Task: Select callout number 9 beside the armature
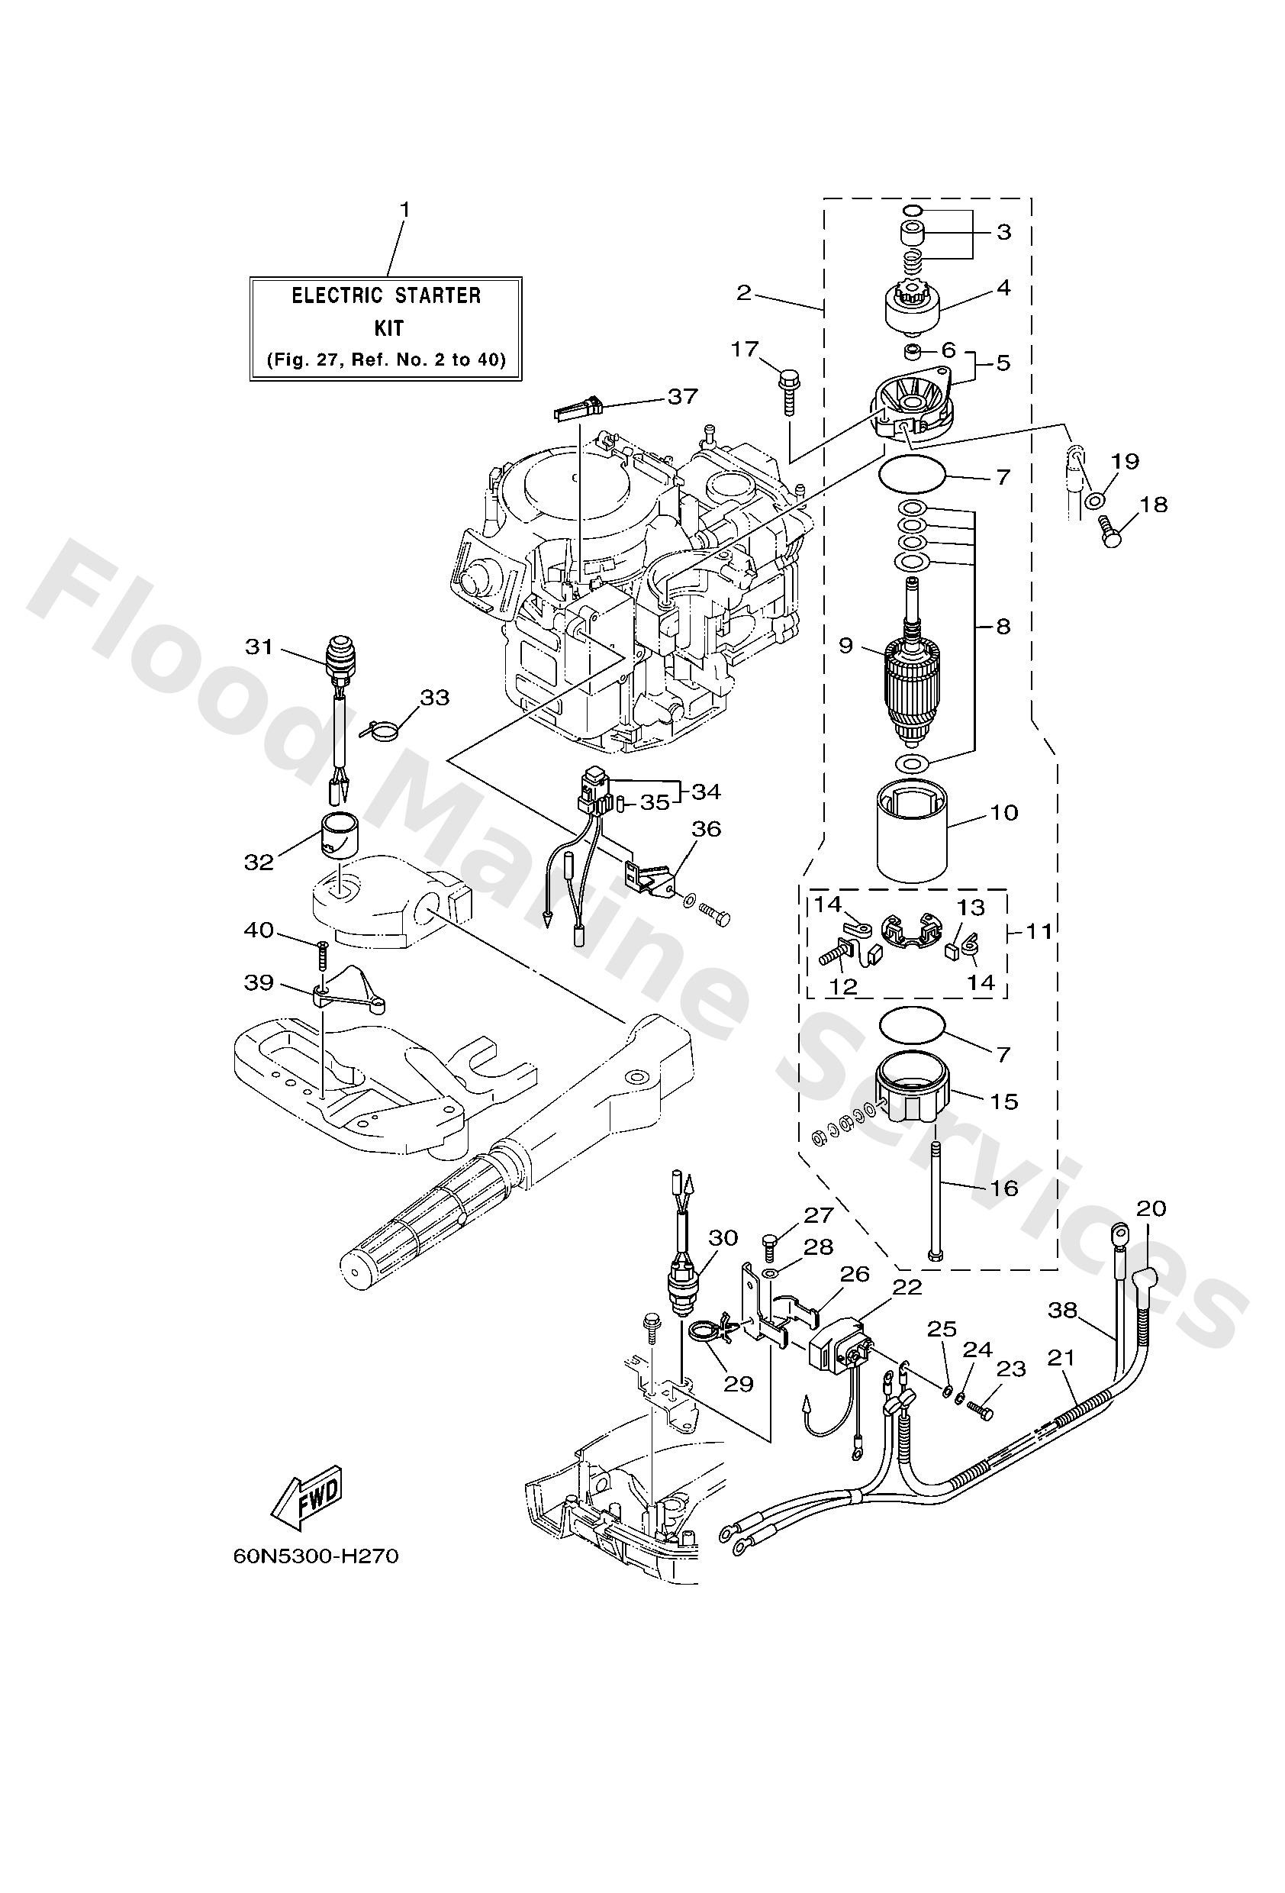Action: pyautogui.click(x=845, y=645)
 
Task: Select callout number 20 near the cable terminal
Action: pyautogui.click(x=1151, y=1208)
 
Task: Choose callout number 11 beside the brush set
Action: pyautogui.click(x=1039, y=930)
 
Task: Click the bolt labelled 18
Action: pyautogui.click(x=1110, y=527)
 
